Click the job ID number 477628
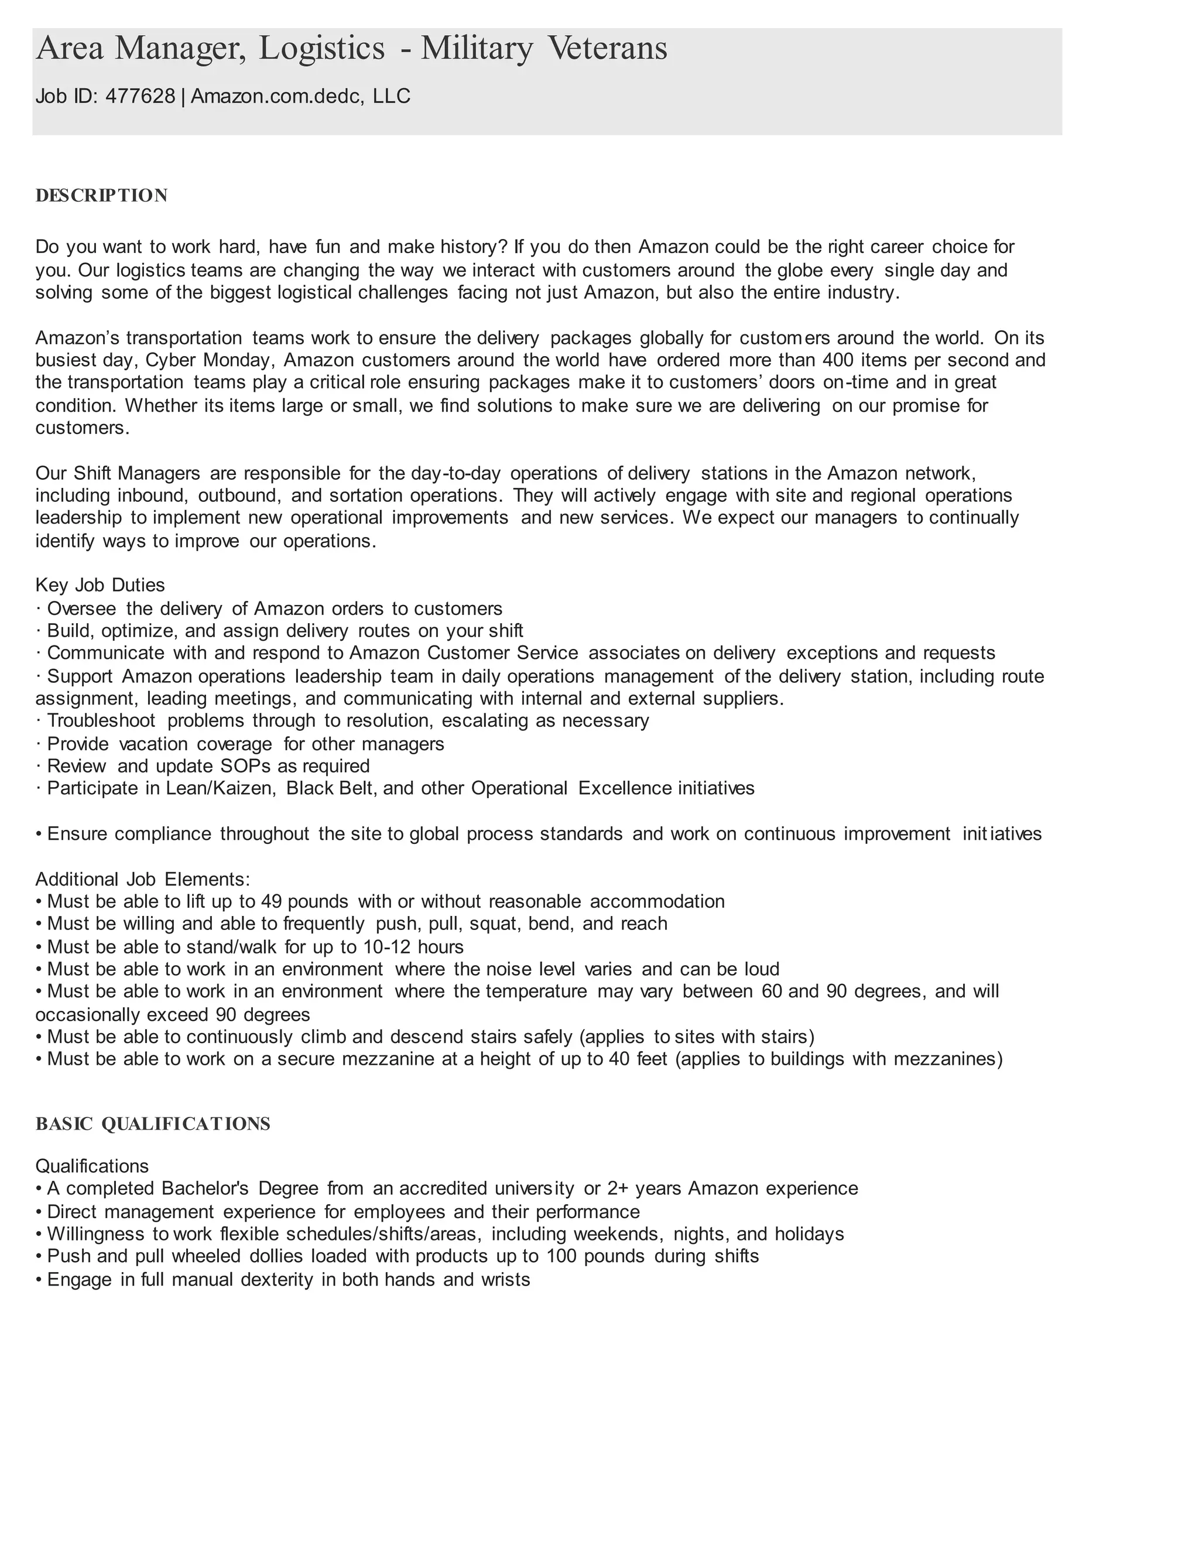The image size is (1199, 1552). click(141, 96)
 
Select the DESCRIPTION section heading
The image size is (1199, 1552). click(101, 196)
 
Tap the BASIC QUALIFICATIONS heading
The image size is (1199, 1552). click(153, 1123)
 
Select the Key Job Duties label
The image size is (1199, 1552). click(100, 585)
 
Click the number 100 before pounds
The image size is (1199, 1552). click(560, 1256)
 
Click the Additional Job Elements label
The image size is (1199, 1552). click(143, 879)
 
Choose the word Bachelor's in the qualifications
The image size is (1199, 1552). click(205, 1188)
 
